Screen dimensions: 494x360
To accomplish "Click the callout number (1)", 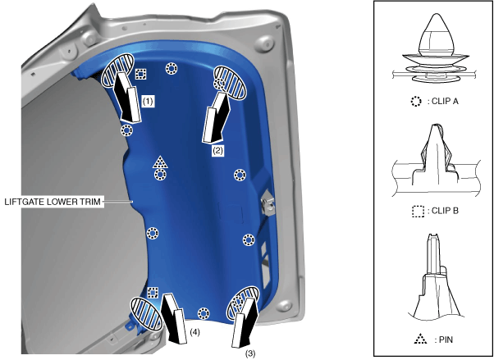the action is pyautogui.click(x=148, y=101).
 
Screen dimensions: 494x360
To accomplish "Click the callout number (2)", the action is pyautogui.click(x=217, y=150).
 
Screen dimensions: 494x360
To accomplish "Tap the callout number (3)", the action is pyautogui.click(x=250, y=353).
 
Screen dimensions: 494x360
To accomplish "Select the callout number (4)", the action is pyautogui.click(x=194, y=332).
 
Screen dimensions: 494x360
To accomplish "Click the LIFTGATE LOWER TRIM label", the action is pyautogui.click(x=53, y=202).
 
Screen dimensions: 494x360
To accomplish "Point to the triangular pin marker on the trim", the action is pyautogui.click(x=160, y=162).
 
